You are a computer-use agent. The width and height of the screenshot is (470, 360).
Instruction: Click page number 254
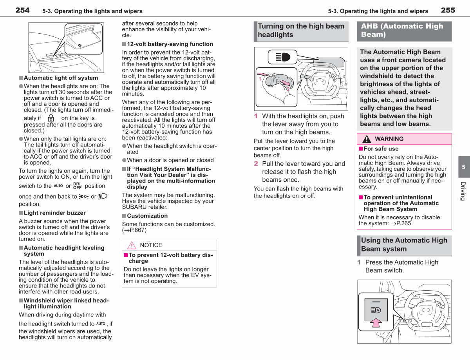click(22, 10)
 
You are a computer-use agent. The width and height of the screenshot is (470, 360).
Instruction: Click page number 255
click(448, 10)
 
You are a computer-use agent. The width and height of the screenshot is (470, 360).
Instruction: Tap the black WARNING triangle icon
click(367, 139)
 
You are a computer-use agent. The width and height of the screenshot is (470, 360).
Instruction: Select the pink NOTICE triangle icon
click(132, 245)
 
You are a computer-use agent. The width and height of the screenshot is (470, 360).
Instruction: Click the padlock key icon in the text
click(51, 118)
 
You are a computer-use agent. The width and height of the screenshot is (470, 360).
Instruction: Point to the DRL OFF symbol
click(78, 186)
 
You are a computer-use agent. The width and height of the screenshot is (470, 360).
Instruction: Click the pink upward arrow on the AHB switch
click(376, 323)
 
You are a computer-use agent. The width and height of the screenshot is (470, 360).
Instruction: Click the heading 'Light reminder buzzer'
click(55, 213)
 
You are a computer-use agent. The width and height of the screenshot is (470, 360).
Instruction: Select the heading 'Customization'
click(147, 216)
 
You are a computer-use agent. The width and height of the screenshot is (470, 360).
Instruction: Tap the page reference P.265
click(403, 223)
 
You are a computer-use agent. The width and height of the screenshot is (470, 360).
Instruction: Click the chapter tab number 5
click(463, 167)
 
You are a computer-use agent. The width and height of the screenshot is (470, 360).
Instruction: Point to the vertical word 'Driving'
click(463, 191)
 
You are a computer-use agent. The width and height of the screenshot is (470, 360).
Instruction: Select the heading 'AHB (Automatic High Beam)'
click(402, 30)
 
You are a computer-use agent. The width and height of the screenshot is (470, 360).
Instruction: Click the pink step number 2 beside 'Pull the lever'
click(256, 164)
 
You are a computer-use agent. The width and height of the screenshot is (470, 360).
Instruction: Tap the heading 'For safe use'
click(381, 149)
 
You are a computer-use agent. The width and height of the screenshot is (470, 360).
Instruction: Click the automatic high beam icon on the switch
click(376, 310)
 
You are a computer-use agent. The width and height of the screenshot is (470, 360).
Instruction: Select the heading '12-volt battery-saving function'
click(170, 44)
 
